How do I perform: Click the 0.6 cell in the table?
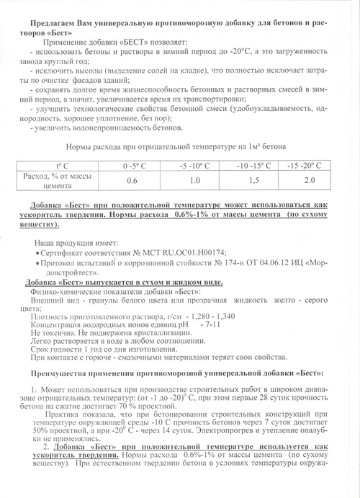coord(132,179)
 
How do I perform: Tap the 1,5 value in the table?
coord(253,179)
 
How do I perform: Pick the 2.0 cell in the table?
coord(310,179)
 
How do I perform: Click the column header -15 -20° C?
coord(310,166)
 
